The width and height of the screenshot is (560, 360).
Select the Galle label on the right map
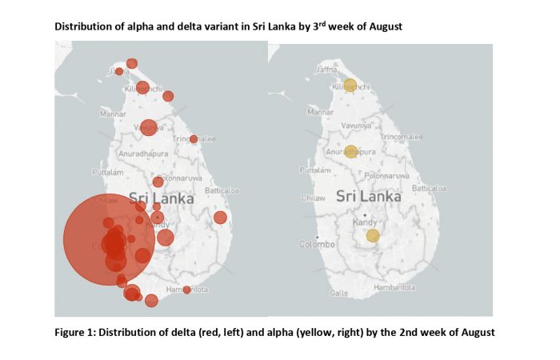(x=339, y=293)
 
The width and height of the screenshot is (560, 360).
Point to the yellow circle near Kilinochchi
(x=350, y=85)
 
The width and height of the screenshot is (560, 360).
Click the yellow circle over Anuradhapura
(x=351, y=150)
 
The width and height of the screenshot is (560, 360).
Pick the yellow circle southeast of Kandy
(x=373, y=235)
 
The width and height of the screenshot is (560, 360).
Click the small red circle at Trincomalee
(x=194, y=139)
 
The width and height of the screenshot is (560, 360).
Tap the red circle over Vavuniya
(x=148, y=127)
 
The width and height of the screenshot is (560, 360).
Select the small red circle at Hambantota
(x=187, y=290)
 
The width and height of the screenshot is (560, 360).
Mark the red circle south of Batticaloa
(x=220, y=218)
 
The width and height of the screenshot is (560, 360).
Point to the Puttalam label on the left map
(x=107, y=171)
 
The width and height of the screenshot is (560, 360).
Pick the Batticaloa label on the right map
(x=428, y=188)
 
